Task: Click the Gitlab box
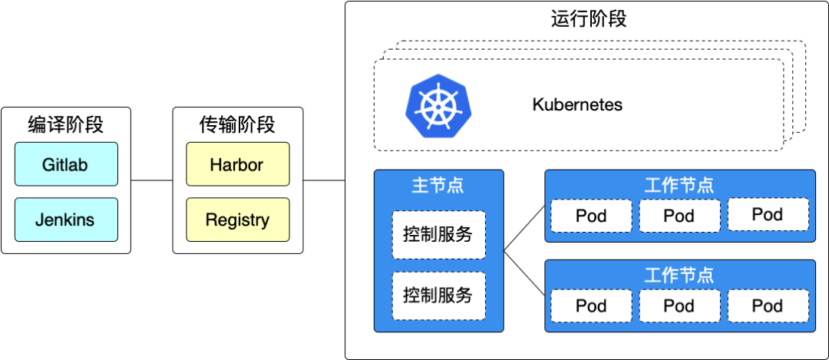pyautogui.click(x=65, y=164)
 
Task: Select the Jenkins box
pyautogui.click(x=65, y=220)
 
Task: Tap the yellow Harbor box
pyautogui.click(x=237, y=164)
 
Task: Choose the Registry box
pyautogui.click(x=237, y=220)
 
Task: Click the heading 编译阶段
pyautogui.click(x=65, y=124)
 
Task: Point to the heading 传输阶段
pyautogui.click(x=237, y=124)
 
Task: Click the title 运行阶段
pyautogui.click(x=589, y=18)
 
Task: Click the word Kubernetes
pyautogui.click(x=577, y=104)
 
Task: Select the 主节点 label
pyautogui.click(x=438, y=185)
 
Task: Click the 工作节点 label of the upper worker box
pyautogui.click(x=679, y=185)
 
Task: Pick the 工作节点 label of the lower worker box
pyautogui.click(x=679, y=275)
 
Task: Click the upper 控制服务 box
pyautogui.click(x=438, y=235)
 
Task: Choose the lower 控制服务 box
pyautogui.click(x=438, y=296)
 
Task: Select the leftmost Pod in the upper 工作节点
pyautogui.click(x=591, y=216)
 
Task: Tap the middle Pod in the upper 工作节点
pyautogui.click(x=679, y=216)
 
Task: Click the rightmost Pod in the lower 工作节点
pyautogui.click(x=767, y=306)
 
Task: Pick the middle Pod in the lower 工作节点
pyautogui.click(x=679, y=306)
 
